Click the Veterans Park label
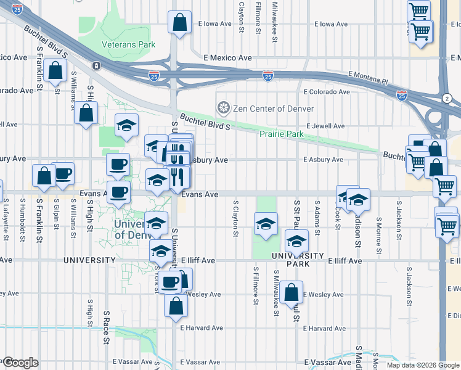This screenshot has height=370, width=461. click(129, 44)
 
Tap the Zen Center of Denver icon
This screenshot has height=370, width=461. click(222, 109)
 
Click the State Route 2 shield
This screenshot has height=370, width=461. click(446, 99)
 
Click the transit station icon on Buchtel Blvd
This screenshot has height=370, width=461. click(96, 65)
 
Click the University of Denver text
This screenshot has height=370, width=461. click(136, 229)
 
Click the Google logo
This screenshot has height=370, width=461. click(20, 363)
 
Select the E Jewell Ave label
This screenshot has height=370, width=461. click(324, 126)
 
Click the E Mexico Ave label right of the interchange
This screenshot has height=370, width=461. click(227, 58)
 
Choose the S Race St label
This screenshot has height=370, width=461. click(107, 327)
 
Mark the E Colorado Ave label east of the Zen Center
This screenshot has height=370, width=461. click(327, 92)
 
